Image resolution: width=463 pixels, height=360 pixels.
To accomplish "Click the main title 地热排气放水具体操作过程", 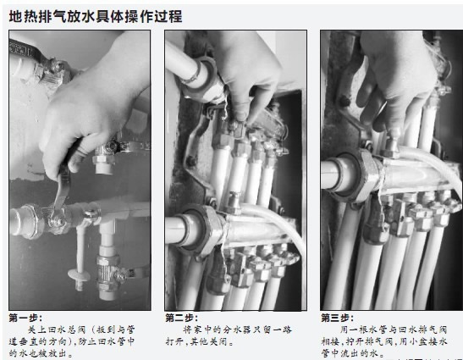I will pos(94,16).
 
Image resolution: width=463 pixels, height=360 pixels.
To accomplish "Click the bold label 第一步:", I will pos(25,318).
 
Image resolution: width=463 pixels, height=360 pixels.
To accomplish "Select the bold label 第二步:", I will pos(181,318).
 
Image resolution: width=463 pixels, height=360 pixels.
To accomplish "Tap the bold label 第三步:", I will pos(337,318).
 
